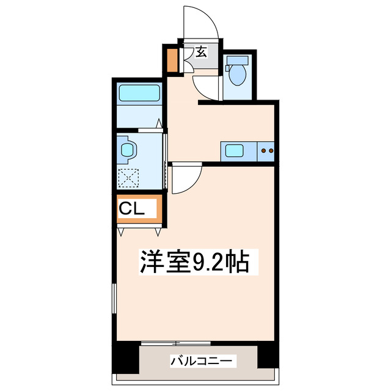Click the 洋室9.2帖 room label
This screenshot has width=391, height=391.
pyautogui.click(x=195, y=263)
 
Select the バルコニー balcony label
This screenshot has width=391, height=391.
pyautogui.click(x=202, y=362)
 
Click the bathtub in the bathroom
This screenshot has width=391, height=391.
pyautogui.click(x=139, y=94)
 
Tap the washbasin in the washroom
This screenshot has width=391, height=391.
pyautogui.click(x=127, y=149)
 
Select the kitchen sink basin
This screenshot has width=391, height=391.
pyautogui.click(x=233, y=150)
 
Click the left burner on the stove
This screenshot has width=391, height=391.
pyautogui.click(x=263, y=150)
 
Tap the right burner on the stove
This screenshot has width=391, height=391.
pyautogui.click(x=270, y=150)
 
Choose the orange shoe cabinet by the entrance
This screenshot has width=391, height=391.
pyautogui.click(x=172, y=60)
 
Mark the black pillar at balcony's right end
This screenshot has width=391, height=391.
pyautogui.click(x=267, y=356)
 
